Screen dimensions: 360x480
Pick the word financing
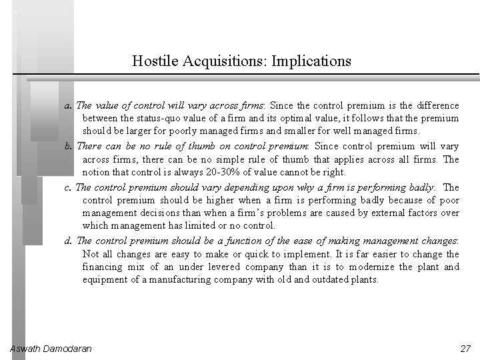click(103, 267)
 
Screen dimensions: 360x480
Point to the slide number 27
click(465, 349)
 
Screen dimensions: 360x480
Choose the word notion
click(97, 173)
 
